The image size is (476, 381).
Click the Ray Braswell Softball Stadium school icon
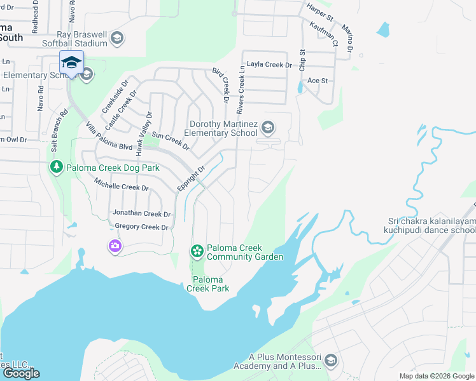(x=116, y=38)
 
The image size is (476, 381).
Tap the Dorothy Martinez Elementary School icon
(x=268, y=128)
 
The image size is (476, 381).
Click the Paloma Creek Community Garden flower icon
(x=197, y=251)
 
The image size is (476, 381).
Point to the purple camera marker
(x=115, y=246)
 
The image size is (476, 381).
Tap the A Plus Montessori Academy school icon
(x=330, y=361)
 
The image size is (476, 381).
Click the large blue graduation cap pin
(x=71, y=63)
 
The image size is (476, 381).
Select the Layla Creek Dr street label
(x=269, y=65)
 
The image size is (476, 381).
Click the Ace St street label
(x=318, y=81)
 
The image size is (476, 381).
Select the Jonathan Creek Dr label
(x=141, y=214)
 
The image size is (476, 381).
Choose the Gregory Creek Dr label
(x=141, y=227)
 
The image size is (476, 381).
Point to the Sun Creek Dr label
(x=170, y=141)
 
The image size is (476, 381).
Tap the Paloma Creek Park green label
(x=207, y=284)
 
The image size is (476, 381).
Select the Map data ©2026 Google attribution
(x=436, y=376)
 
